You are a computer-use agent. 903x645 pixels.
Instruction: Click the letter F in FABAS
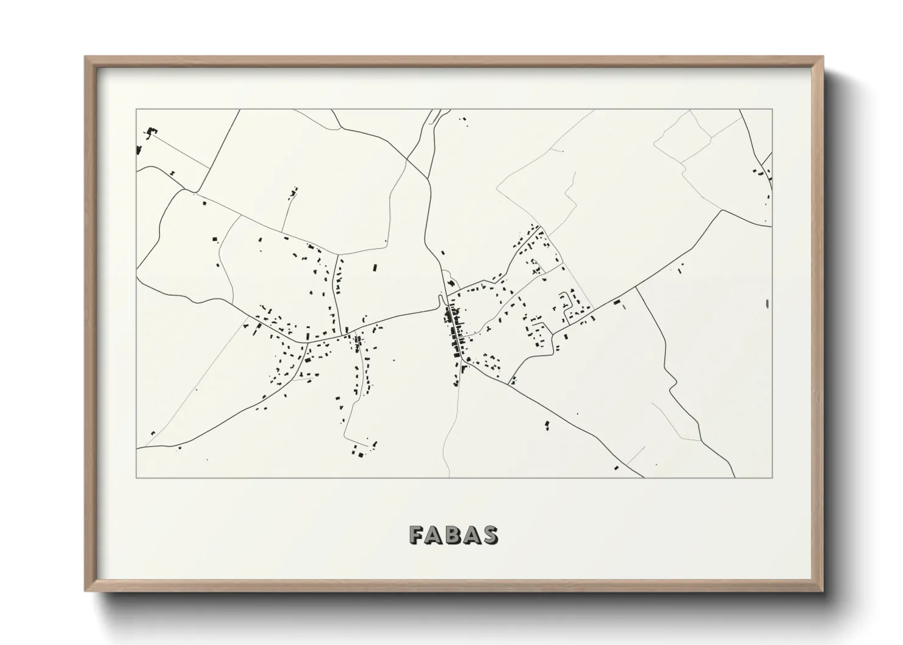(417, 535)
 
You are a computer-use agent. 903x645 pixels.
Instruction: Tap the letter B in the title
(453, 535)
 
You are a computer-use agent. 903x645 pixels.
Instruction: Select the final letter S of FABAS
(490, 535)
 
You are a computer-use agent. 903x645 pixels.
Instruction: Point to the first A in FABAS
(435, 535)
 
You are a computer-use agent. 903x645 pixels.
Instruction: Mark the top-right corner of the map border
(772, 110)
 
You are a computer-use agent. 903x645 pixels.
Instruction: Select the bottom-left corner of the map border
(137, 477)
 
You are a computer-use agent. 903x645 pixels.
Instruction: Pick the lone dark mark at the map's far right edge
(767, 304)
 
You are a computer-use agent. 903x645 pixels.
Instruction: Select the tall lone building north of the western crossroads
(375, 268)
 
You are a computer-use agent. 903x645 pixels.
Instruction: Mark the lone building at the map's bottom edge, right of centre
(616, 468)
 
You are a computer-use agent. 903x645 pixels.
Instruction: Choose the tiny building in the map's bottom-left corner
(153, 433)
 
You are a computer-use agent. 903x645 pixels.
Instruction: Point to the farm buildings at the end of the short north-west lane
(293, 193)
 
